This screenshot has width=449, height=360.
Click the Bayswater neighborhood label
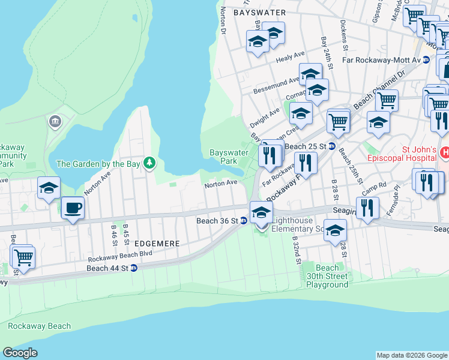(x=259, y=12)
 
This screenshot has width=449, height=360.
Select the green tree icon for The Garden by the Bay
(x=149, y=163)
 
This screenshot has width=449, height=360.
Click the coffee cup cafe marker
(x=73, y=208)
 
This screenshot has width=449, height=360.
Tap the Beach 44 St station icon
(x=133, y=268)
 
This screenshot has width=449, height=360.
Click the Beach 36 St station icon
(x=244, y=221)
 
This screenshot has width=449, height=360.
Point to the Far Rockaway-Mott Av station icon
(x=426, y=60)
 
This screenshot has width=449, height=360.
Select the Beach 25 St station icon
(x=331, y=146)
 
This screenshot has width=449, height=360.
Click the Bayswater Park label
(x=229, y=157)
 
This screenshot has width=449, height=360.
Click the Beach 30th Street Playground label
(x=327, y=276)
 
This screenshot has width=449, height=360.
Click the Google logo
(x=20, y=353)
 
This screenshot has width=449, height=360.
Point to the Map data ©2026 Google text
(x=411, y=355)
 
